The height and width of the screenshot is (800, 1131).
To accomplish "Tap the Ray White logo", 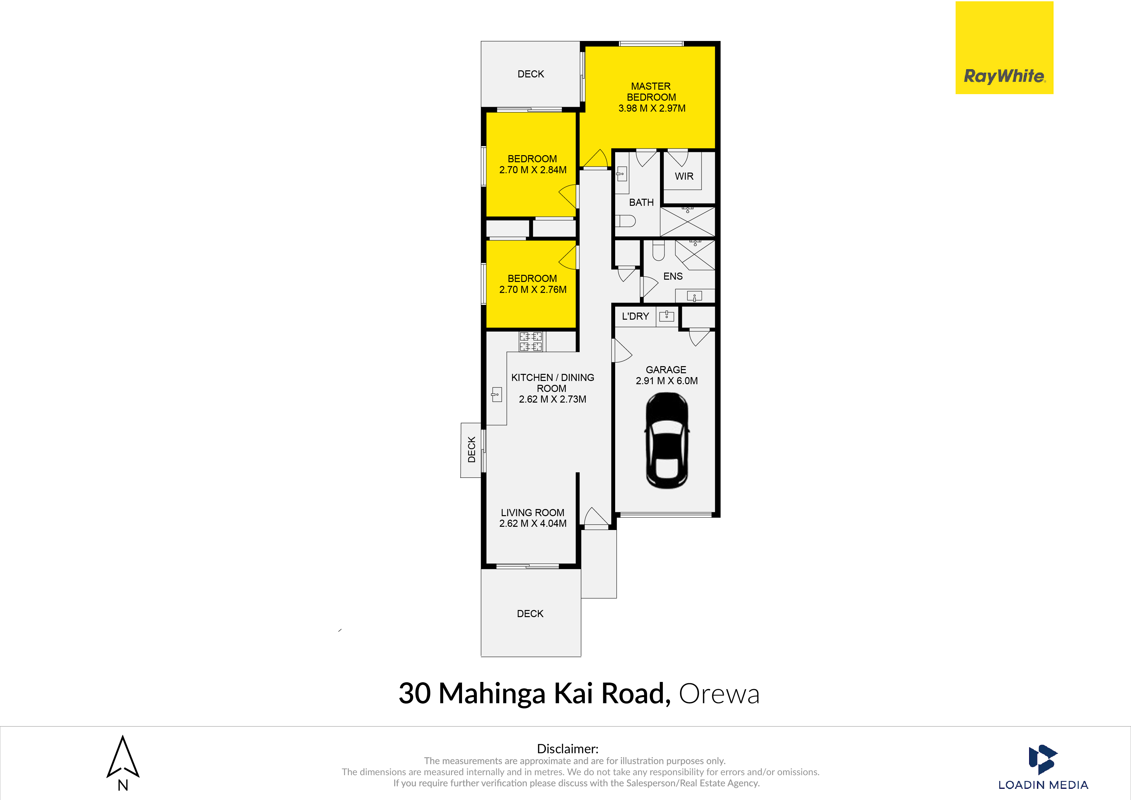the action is (1004, 48).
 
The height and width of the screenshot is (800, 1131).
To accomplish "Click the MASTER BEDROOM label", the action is (651, 92).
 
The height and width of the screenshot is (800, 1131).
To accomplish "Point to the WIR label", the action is (684, 176).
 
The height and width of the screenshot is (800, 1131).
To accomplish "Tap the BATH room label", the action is (641, 203).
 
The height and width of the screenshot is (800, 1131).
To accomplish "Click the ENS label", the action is (673, 276).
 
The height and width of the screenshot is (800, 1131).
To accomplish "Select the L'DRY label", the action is (635, 316).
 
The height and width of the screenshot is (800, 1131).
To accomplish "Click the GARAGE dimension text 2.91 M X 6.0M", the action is (666, 381).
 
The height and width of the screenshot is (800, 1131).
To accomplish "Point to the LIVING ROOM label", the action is (533, 513).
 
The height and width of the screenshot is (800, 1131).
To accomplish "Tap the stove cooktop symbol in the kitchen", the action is (531, 341).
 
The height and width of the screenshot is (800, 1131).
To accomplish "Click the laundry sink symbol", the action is (666, 315).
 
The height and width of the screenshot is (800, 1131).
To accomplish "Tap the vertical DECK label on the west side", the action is (471, 450).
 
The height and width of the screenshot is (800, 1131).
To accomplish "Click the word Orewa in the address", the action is (719, 694).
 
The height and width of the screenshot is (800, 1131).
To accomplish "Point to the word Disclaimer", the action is (567, 749).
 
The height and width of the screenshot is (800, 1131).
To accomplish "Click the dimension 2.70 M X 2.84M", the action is (533, 170).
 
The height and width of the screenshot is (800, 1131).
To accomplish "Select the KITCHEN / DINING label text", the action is (553, 377).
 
